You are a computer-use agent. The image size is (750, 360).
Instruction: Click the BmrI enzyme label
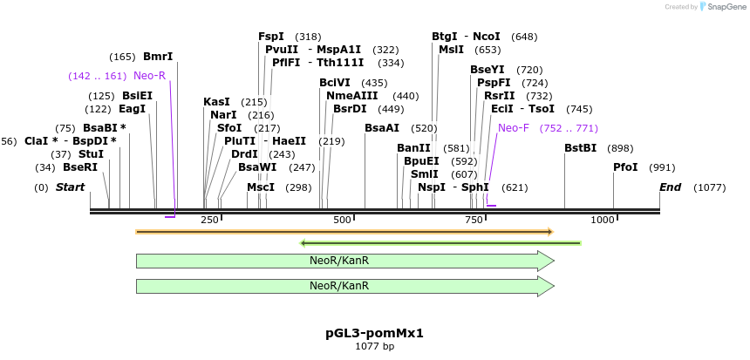[158, 57]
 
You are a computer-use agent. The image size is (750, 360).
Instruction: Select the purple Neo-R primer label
[149, 76]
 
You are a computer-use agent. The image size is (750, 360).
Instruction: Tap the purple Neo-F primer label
[514, 128]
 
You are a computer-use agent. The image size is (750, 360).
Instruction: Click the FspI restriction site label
[271, 37]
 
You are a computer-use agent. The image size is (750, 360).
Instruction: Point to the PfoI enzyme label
[625, 167]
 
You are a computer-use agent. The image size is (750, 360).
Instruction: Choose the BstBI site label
[580, 148]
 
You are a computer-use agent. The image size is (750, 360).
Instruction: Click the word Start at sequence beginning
[71, 187]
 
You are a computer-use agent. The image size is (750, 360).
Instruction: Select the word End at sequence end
[670, 187]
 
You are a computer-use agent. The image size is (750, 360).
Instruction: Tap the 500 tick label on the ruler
[342, 220]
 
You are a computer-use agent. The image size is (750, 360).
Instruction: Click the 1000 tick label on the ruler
[603, 220]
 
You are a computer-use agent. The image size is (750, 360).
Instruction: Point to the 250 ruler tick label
[210, 220]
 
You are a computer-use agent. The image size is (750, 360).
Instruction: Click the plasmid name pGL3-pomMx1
[374, 333]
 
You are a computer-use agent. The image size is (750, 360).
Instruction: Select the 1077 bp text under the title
[374, 346]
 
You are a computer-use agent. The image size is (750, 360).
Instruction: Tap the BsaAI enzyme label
[382, 128]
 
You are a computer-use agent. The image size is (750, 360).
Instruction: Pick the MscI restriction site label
[261, 187]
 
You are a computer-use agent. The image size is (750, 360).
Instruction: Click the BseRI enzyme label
[80, 167]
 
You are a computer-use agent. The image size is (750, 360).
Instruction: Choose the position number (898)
[620, 148]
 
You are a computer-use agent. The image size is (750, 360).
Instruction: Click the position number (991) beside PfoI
[663, 167]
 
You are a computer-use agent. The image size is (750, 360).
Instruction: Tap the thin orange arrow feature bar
[344, 232]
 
